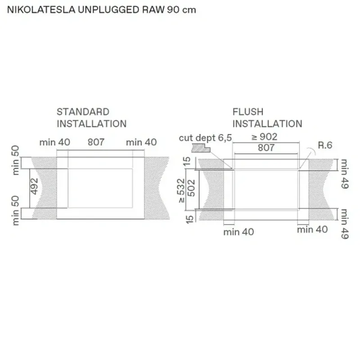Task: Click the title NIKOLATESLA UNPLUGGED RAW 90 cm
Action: point(102,10)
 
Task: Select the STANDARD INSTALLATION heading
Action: point(91,118)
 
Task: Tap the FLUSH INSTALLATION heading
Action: point(267,118)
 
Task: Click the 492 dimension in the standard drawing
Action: point(34,186)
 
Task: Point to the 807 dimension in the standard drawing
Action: point(96,142)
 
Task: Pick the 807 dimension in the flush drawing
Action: point(266,148)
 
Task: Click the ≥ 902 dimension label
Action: point(264,137)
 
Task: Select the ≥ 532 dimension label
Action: point(181,191)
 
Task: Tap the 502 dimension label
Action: point(191,188)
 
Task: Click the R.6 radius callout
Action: point(325,145)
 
